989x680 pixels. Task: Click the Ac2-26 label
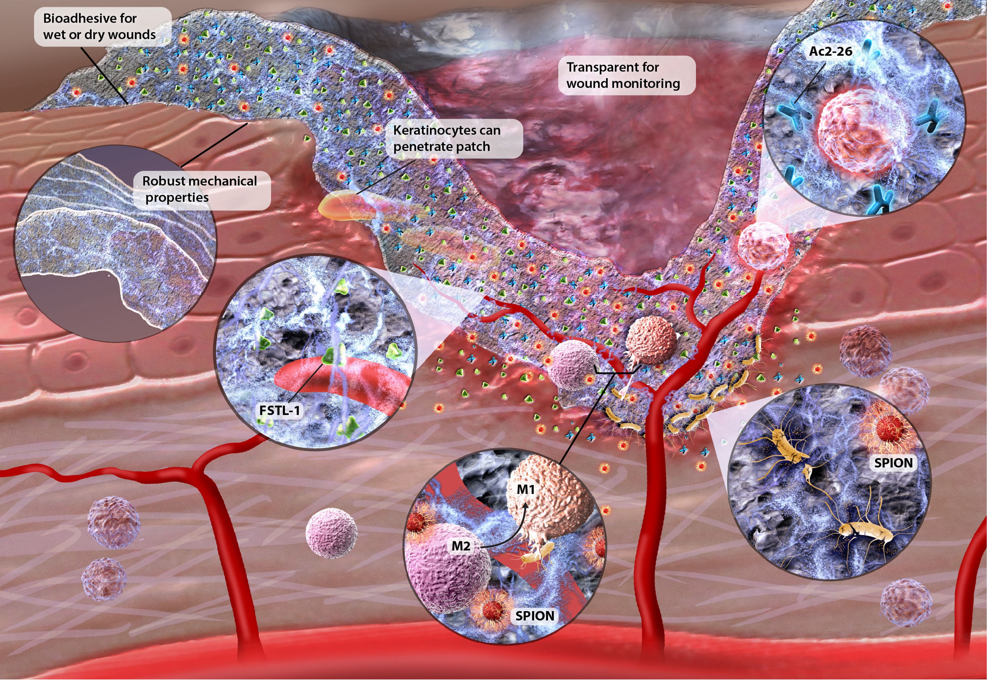[x=830, y=52]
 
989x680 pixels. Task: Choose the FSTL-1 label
[x=279, y=410]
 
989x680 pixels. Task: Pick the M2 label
[x=461, y=546]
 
